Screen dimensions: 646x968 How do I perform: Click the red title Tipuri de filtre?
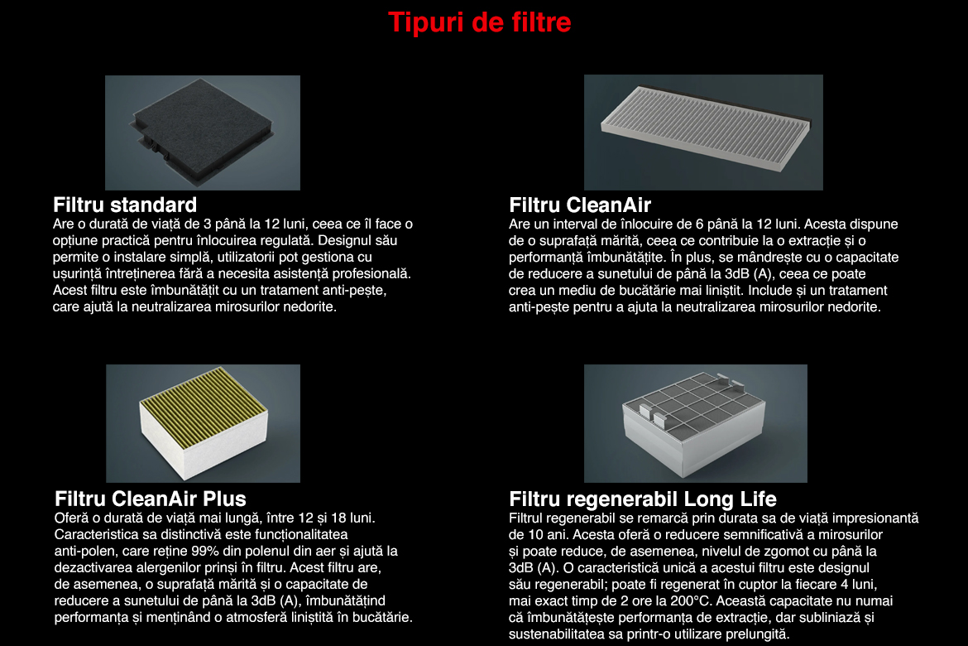click(x=480, y=22)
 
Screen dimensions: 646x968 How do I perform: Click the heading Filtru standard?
click(x=125, y=205)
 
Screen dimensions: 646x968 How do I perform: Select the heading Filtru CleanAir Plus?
click(x=150, y=499)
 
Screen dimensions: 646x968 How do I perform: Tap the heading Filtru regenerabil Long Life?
click(x=643, y=499)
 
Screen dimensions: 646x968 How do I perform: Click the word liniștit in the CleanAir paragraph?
click(x=706, y=291)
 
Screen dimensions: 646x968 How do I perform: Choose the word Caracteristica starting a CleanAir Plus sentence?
click(x=94, y=534)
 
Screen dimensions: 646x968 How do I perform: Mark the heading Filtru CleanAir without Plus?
click(x=580, y=205)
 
